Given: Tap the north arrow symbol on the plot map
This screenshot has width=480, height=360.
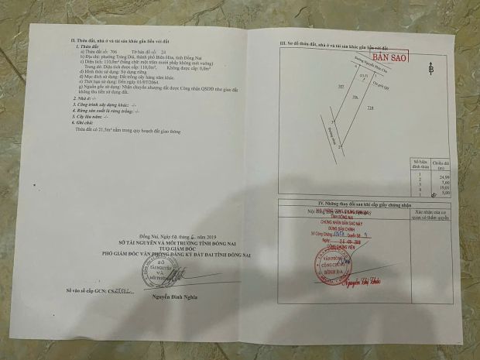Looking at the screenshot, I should (x=430, y=68).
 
